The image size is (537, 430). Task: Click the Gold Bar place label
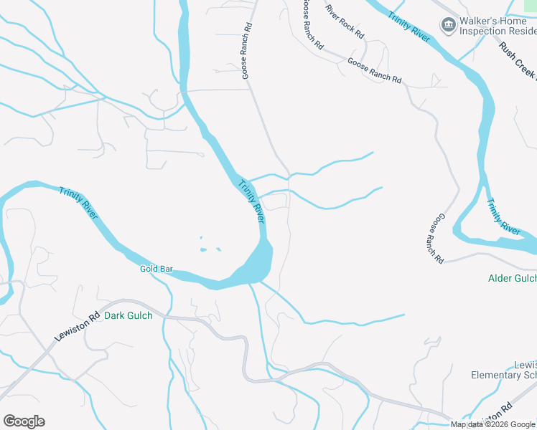(157, 269)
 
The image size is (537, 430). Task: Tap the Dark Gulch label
(129, 315)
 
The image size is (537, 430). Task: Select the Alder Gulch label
(512, 278)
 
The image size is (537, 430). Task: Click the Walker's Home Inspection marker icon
(448, 26)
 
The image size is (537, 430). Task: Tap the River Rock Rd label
(345, 21)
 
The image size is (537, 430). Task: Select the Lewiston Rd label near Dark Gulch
(75, 327)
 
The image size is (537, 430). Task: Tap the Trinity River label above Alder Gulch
(503, 217)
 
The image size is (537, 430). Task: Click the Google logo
(24, 421)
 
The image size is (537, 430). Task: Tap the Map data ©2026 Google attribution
(493, 424)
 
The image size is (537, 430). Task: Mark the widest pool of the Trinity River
(255, 265)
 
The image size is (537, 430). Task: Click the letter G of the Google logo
(9, 421)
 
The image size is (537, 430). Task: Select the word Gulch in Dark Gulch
(140, 315)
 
